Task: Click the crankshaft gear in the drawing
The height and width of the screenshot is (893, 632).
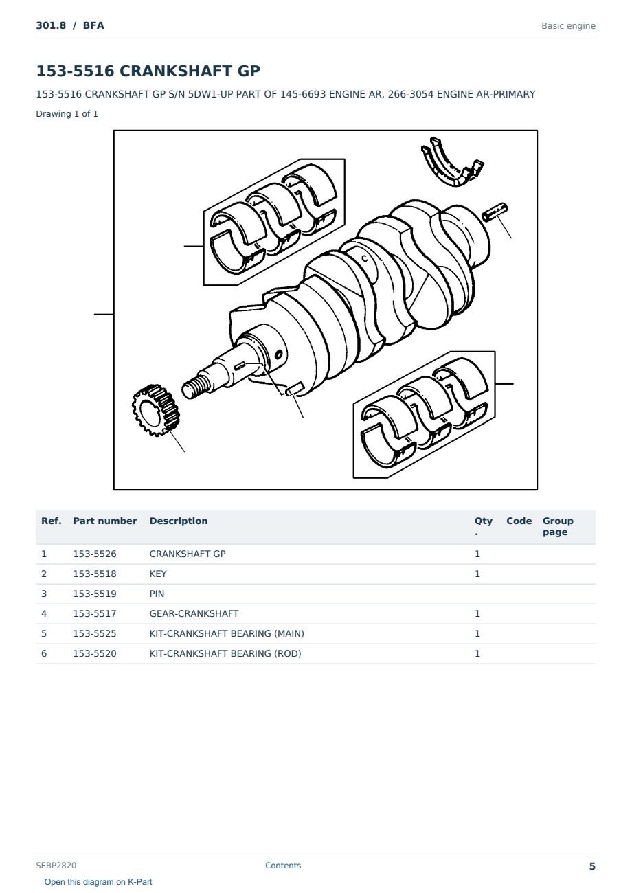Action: click(156, 411)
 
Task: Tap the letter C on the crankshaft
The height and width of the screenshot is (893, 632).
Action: click(365, 259)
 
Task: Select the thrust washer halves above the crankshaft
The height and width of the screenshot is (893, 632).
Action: click(453, 162)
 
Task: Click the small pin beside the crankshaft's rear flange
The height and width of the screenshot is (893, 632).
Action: click(495, 212)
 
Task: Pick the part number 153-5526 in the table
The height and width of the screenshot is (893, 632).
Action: click(95, 554)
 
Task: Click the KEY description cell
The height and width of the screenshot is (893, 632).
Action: click(158, 574)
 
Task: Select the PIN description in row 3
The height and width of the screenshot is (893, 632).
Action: click(157, 594)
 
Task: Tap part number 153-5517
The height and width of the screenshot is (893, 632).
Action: click(95, 613)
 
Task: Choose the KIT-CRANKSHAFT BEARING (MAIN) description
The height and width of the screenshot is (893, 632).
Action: click(227, 633)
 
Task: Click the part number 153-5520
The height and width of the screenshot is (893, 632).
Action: click(95, 653)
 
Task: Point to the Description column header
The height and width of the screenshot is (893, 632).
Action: click(179, 521)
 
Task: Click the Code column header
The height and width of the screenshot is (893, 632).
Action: click(519, 521)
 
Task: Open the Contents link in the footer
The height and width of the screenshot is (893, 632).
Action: click(283, 865)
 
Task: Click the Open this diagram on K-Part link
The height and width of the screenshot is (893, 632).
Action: click(98, 881)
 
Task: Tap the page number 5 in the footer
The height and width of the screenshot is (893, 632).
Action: click(592, 866)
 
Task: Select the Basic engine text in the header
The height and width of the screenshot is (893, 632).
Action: click(568, 26)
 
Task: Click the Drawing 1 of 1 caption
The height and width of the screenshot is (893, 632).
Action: click(67, 113)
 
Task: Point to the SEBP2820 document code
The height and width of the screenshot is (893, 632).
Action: click(56, 865)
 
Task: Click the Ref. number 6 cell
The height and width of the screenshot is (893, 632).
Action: click(44, 653)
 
